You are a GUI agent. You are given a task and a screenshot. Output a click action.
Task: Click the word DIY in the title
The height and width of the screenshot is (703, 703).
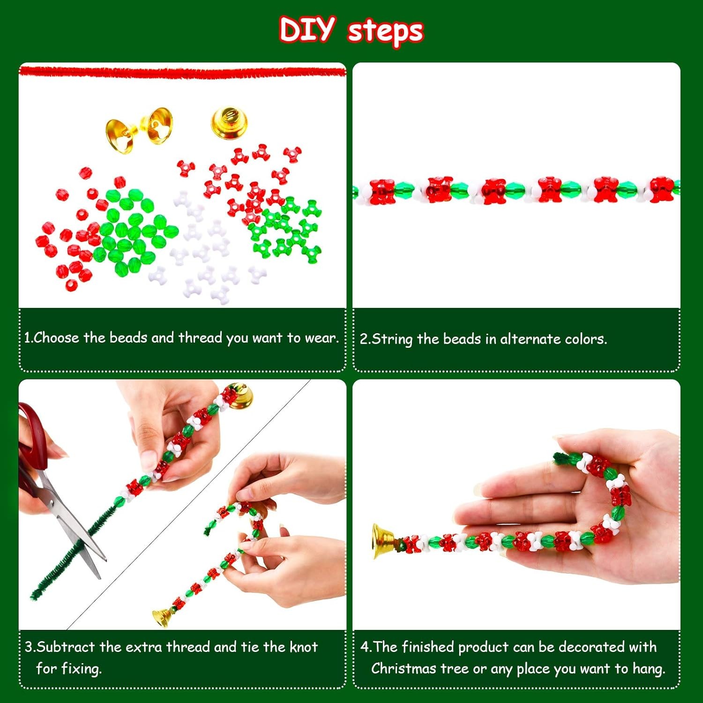pos(307,29)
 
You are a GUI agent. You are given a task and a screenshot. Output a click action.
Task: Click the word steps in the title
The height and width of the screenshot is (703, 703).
pos(385,31)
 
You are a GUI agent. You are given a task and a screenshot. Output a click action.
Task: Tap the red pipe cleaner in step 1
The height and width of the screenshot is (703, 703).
pos(182,71)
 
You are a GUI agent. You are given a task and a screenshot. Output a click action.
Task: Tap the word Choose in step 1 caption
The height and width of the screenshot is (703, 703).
pos(56,337)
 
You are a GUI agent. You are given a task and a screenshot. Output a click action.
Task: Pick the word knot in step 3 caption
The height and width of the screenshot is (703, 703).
pos(304,647)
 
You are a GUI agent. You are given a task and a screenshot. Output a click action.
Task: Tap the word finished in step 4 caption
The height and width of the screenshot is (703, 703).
pos(428,647)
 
